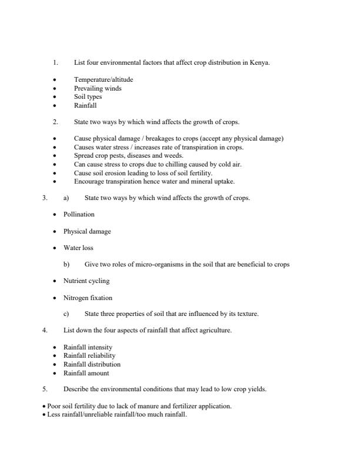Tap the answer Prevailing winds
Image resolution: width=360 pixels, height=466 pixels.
(x=98, y=88)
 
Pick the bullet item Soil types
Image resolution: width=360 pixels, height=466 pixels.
(x=88, y=97)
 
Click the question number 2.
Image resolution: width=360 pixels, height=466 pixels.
(x=55, y=122)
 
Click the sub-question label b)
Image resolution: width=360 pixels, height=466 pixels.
(x=66, y=265)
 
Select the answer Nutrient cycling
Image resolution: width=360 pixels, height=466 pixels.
(x=86, y=281)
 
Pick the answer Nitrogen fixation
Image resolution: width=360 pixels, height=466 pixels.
(x=88, y=298)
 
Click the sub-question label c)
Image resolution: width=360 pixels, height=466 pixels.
(x=66, y=314)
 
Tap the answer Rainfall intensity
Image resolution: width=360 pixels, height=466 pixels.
(x=88, y=347)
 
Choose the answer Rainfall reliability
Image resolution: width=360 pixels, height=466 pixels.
(x=89, y=355)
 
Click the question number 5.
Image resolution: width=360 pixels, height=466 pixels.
(x=44, y=389)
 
